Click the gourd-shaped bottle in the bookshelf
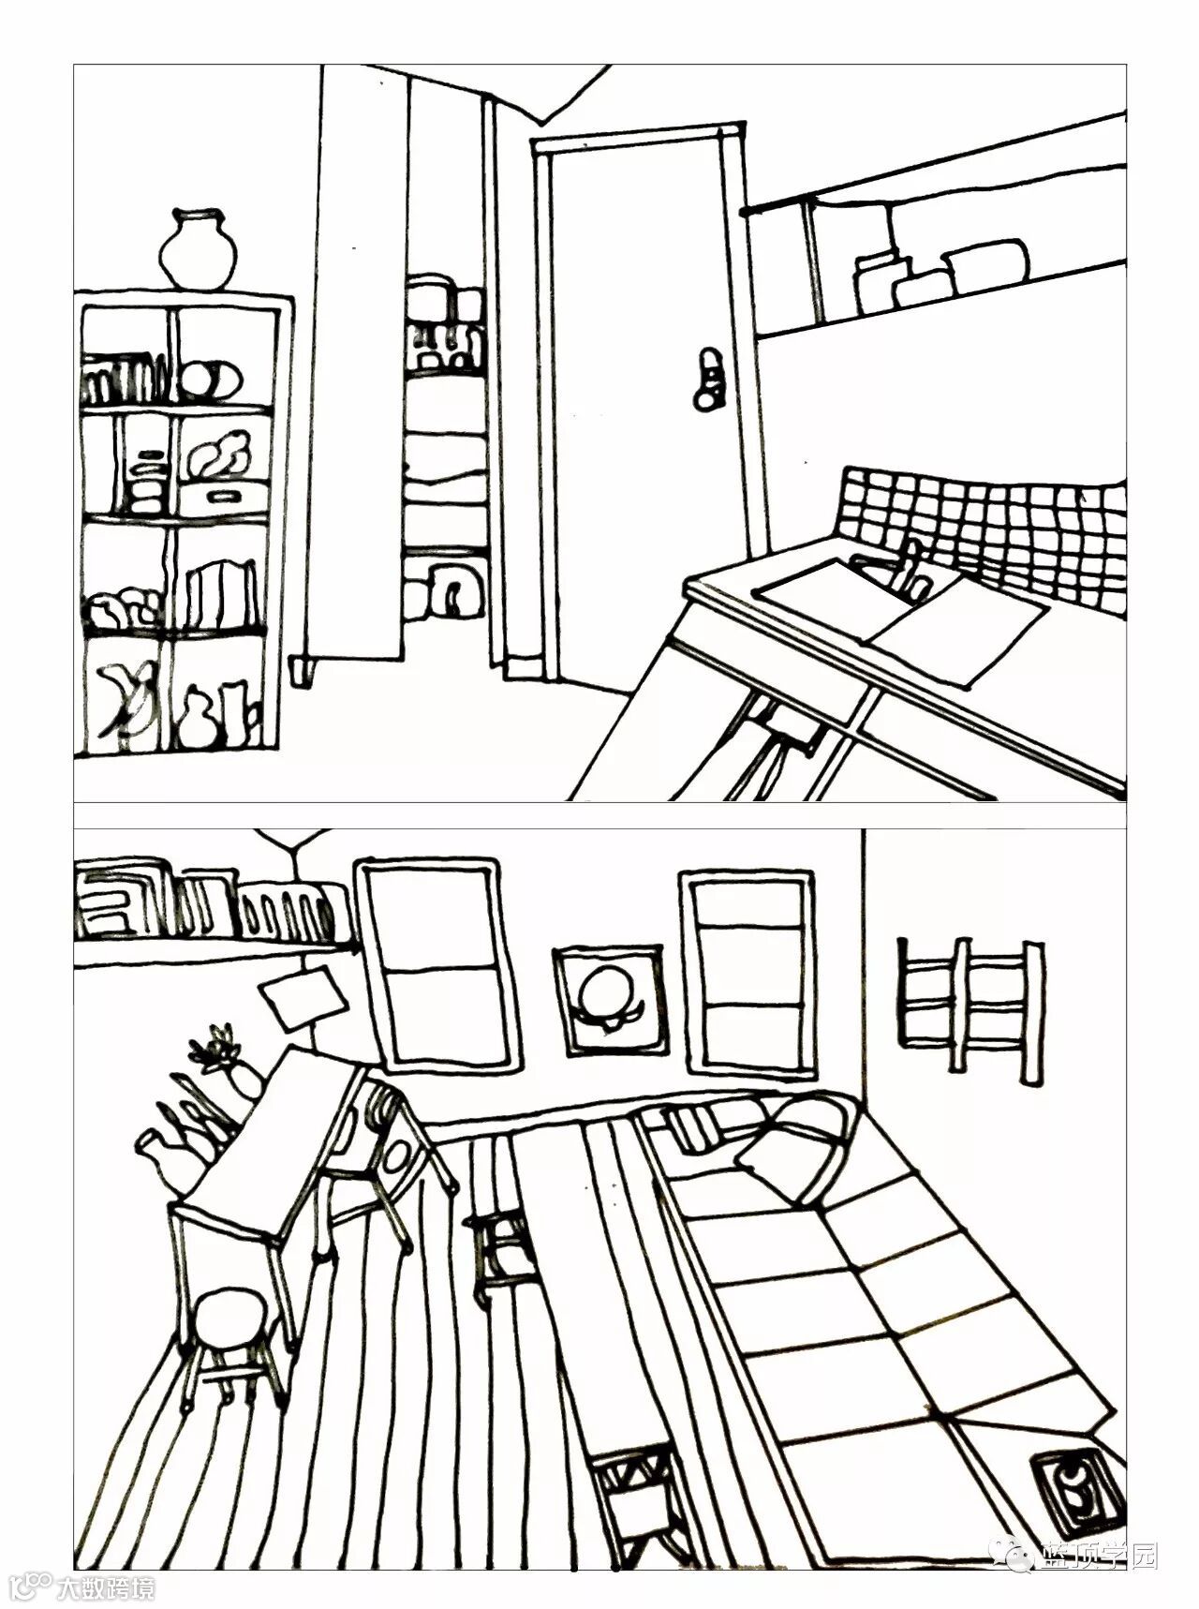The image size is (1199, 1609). click(198, 718)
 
